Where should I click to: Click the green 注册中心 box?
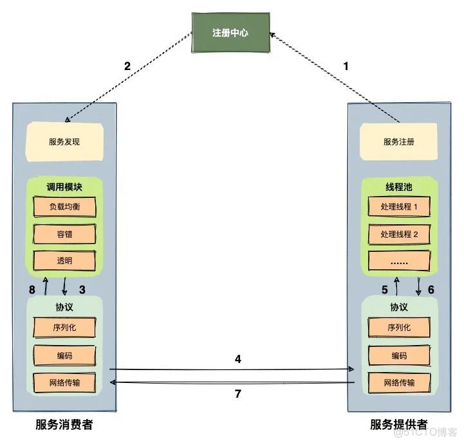[230, 32]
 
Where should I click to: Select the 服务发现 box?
[64, 142]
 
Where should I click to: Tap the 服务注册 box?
[399, 142]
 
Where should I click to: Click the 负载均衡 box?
[64, 207]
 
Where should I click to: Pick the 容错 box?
[64, 234]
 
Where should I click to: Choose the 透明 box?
[64, 260]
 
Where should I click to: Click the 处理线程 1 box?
[399, 207]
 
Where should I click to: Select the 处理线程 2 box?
[399, 234]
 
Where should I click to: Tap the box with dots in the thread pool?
[399, 260]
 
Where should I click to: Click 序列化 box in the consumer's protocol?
[64, 327]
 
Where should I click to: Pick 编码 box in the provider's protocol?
[399, 355]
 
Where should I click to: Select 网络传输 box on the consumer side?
[64, 382]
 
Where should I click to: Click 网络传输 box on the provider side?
[399, 382]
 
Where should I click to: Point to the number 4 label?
[237, 360]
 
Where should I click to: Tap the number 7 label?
[237, 394]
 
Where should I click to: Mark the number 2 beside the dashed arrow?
[127, 66]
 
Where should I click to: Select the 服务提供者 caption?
[399, 425]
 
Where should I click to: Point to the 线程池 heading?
[399, 187]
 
